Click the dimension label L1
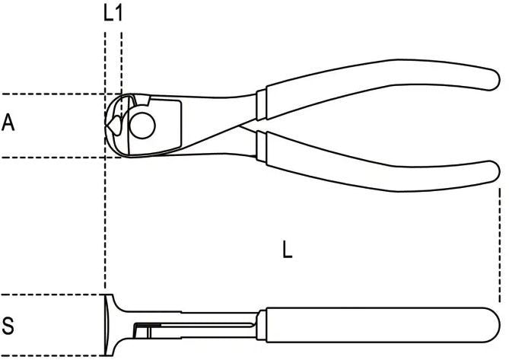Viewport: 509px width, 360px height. [113, 14]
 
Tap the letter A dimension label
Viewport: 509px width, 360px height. [8, 123]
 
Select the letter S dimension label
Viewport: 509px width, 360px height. [8, 326]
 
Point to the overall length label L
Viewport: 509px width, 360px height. [288, 250]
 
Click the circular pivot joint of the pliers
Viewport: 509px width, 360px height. [142, 126]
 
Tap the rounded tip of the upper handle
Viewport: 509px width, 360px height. [493, 79]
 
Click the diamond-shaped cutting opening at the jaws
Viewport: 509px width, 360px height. [113, 125]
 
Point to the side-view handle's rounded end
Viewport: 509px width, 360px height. [492, 325]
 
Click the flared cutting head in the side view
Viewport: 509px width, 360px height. [110, 325]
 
